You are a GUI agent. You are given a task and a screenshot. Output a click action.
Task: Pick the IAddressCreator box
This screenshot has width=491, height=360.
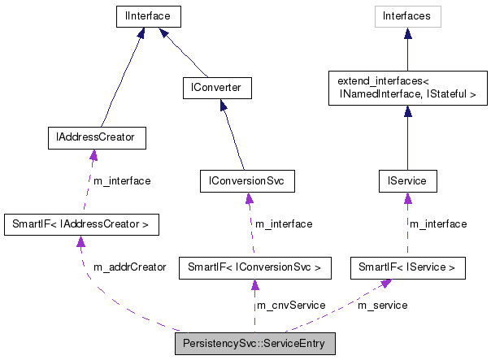97,139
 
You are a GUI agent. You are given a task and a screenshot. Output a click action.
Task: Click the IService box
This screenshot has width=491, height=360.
407,181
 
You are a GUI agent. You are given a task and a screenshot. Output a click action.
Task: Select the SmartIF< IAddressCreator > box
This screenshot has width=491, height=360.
80,223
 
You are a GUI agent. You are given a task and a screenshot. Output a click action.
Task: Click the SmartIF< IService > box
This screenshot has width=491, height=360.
407,266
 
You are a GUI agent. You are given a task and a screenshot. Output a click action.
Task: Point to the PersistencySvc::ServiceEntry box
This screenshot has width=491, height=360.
254,344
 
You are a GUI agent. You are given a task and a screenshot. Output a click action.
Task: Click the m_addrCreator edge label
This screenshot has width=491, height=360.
130,267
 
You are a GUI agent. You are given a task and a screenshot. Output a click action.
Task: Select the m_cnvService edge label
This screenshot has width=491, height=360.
291,305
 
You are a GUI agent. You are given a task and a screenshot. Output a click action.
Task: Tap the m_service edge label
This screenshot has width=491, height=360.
383,305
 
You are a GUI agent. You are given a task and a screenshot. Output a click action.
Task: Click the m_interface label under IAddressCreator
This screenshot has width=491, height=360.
122,180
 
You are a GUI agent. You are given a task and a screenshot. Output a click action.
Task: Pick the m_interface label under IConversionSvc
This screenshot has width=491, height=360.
284,223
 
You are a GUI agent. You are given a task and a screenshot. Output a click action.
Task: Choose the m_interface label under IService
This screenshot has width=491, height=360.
437,223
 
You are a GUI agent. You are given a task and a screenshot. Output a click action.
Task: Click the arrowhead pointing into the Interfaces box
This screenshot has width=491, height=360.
407,33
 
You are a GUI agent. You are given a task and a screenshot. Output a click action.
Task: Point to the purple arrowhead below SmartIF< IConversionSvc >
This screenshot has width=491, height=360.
254,284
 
